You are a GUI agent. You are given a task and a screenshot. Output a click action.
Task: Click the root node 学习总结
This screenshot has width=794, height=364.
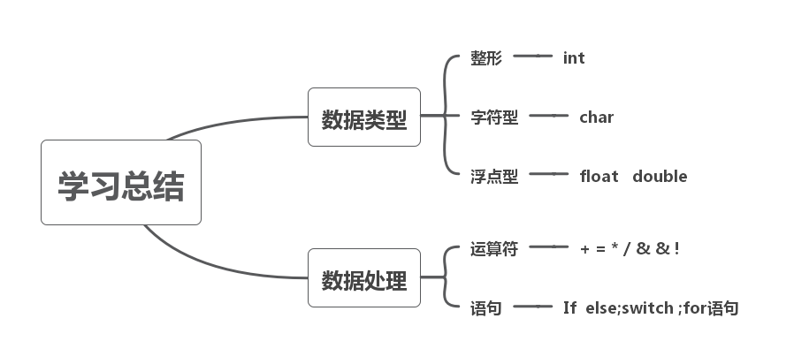pos(121,183)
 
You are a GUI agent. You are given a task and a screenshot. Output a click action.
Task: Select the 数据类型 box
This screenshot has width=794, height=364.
pos(364,118)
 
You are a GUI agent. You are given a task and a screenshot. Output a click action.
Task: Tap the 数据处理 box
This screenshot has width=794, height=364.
pos(364,278)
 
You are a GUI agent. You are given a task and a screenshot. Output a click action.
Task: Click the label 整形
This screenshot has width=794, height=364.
pos(486,58)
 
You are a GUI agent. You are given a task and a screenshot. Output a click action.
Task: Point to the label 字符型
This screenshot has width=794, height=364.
pos(494,117)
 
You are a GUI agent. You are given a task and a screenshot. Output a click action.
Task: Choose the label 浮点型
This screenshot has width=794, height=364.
pos(494,176)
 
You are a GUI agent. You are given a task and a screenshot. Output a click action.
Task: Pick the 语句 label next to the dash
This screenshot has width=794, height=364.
pos(486,307)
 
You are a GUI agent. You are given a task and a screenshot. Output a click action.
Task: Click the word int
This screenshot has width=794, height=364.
pos(574,58)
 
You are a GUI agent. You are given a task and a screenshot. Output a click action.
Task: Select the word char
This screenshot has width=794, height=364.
pos(596,117)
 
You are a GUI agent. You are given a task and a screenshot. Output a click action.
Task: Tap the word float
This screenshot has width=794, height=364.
pos(599,176)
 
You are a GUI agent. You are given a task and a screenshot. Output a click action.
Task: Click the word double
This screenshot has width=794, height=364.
pos(660,176)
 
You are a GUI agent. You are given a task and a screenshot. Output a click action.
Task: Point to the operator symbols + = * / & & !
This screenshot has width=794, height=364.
pos(630,248)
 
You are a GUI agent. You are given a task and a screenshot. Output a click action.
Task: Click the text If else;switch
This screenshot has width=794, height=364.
pos(616,307)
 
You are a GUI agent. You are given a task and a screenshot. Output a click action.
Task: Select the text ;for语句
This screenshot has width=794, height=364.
pos(707,307)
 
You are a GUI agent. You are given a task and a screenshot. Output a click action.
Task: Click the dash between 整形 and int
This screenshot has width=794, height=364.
pos(532,57)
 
